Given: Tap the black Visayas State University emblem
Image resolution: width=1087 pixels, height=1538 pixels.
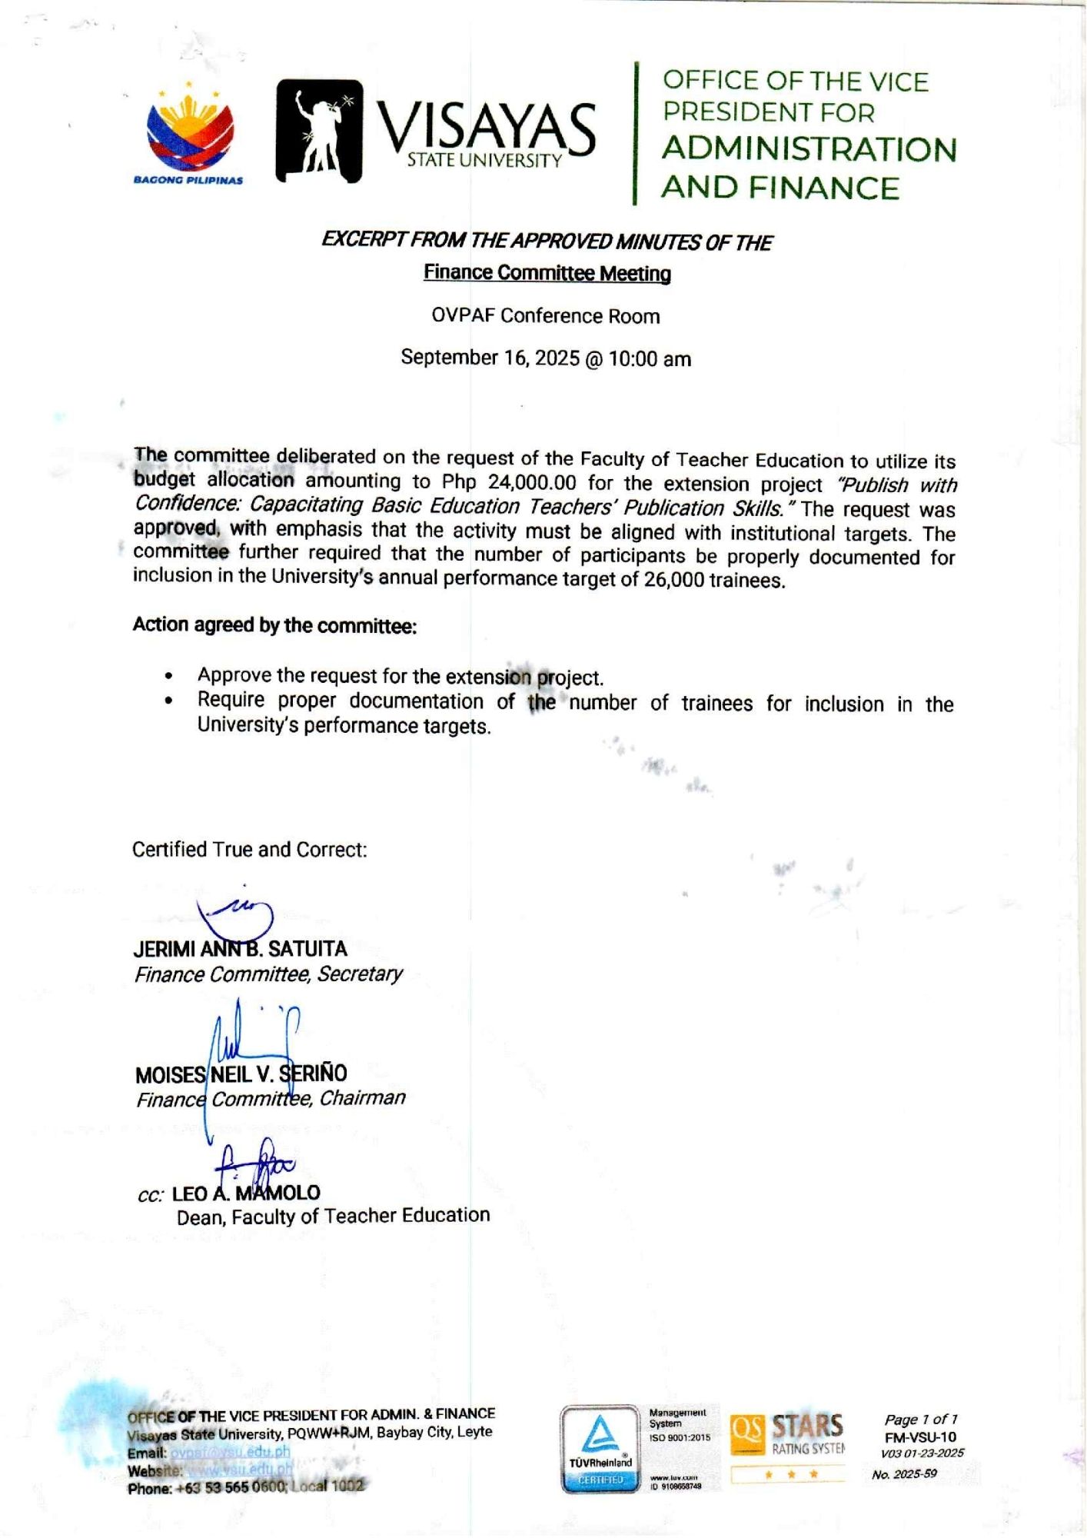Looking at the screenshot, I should [319, 131].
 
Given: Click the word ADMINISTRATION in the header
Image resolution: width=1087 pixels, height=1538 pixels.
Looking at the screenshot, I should [809, 149].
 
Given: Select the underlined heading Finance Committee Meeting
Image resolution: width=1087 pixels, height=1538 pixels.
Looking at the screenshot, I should [547, 273].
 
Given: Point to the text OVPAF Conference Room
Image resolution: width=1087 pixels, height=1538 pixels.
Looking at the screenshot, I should [545, 316].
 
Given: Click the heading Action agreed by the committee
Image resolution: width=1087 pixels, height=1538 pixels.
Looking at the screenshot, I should [274, 625].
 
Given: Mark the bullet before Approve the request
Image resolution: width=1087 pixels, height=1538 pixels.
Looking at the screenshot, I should [168, 676].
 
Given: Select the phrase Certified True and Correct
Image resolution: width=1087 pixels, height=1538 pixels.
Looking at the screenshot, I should [249, 850].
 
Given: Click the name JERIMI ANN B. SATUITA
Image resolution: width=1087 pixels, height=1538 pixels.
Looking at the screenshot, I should [240, 949].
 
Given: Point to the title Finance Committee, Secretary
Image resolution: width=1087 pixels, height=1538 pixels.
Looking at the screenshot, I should [268, 974].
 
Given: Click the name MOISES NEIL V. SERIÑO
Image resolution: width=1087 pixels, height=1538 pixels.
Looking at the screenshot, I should [241, 1074].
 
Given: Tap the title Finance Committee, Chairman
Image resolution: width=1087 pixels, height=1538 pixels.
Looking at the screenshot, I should [271, 1098].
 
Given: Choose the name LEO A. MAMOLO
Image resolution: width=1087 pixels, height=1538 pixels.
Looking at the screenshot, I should [246, 1193].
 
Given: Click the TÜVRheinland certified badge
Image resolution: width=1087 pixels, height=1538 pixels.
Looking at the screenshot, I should [600, 1450].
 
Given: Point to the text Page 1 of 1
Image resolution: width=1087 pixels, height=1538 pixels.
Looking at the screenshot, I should [920, 1420].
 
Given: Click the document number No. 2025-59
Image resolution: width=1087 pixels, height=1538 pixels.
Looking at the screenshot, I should [904, 1474].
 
